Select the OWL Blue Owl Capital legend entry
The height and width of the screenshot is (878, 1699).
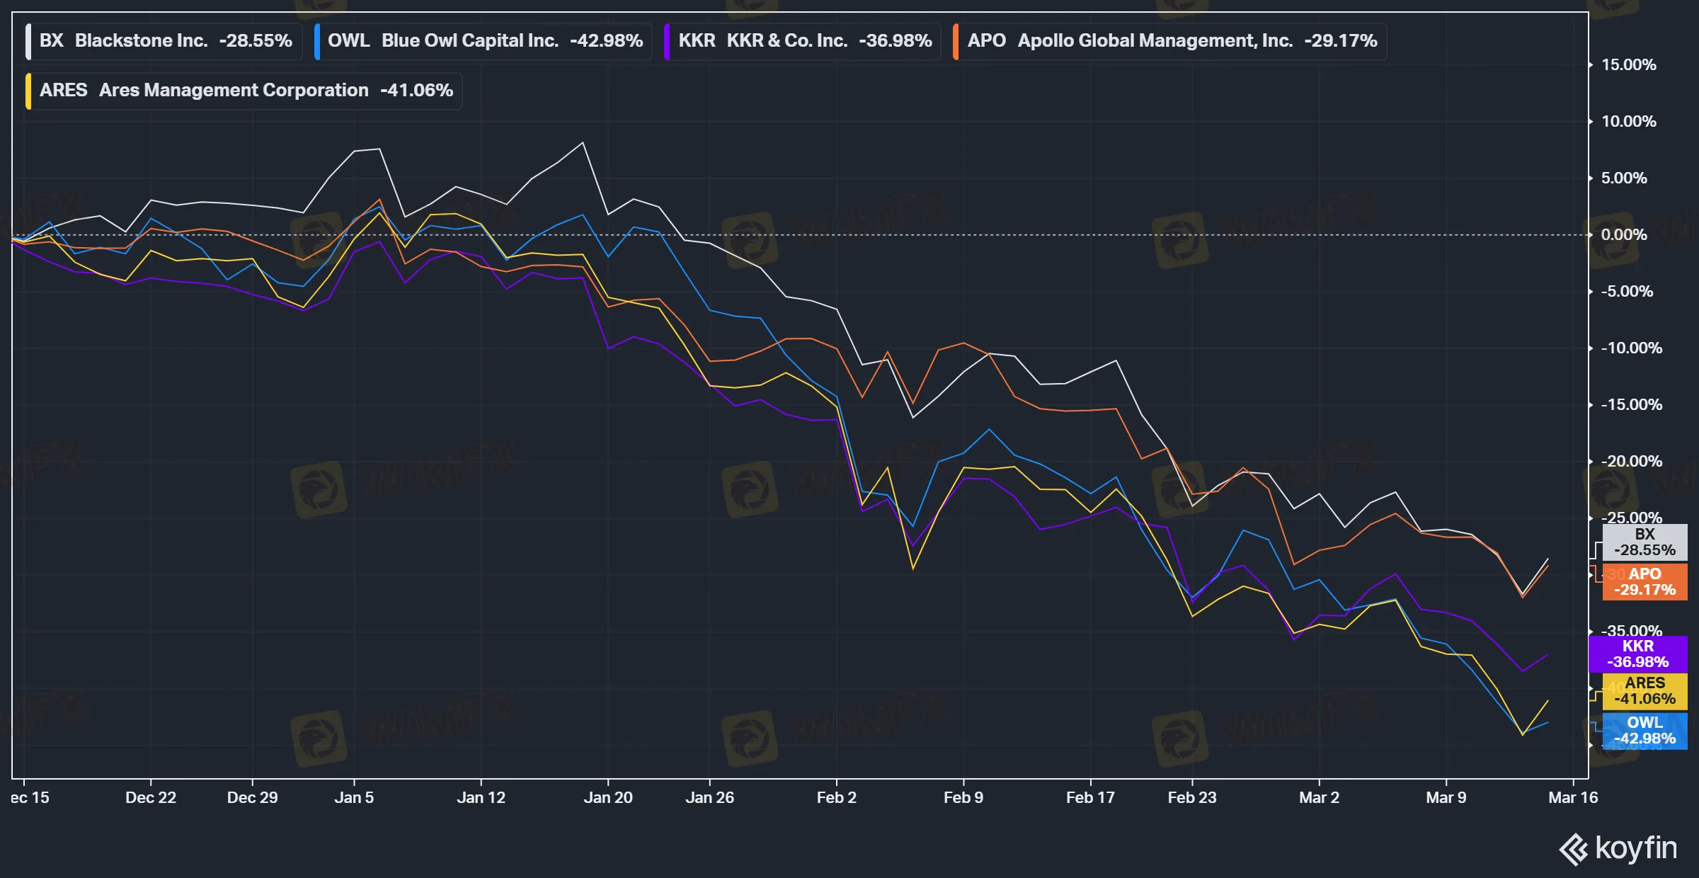point(484,41)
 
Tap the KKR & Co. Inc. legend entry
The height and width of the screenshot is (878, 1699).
point(804,41)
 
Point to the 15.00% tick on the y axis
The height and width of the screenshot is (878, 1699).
point(1628,65)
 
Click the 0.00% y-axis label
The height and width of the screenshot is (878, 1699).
point(1623,235)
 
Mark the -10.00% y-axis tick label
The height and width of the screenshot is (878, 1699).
point(1631,348)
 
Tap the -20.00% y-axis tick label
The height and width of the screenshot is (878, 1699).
point(1631,462)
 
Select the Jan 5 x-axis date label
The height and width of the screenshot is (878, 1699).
point(354,798)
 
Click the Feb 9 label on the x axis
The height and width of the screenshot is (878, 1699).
point(963,798)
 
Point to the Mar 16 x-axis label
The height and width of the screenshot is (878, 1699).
point(1572,798)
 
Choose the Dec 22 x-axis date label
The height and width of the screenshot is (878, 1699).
point(150,798)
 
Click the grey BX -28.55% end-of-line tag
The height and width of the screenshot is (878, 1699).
point(1644,542)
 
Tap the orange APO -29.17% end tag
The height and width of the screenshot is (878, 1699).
point(1644,582)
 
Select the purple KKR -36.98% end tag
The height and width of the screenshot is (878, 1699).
point(1637,654)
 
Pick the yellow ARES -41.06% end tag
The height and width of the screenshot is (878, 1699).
point(1644,691)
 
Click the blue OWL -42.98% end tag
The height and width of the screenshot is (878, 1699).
point(1644,731)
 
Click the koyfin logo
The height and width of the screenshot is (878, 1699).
point(1618,848)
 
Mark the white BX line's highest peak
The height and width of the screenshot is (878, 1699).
point(583,143)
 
